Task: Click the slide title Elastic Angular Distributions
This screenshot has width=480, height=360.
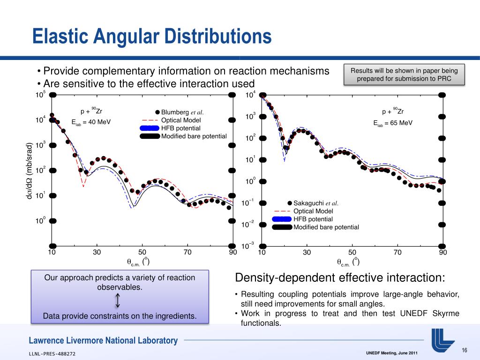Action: point(152,37)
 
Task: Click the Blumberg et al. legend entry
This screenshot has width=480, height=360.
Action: point(182,112)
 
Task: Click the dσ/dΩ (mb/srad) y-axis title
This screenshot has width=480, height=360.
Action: point(29,171)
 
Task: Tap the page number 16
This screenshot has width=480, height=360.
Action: point(465,351)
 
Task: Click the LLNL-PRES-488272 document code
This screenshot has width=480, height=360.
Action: point(52,353)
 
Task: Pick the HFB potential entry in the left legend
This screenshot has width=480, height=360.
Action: point(180,128)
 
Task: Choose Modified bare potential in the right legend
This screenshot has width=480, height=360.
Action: point(326,227)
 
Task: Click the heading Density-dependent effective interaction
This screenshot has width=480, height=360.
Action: point(339,277)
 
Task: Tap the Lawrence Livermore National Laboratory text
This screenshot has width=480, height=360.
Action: point(103,341)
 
